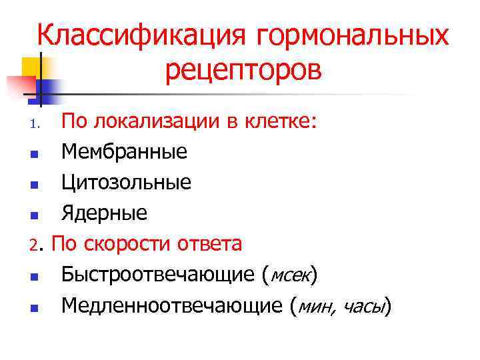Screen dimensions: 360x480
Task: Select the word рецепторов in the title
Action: point(243,71)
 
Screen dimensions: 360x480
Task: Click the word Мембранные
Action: point(124,153)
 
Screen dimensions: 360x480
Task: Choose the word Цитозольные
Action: point(127,183)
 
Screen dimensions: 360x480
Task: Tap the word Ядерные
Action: point(104,213)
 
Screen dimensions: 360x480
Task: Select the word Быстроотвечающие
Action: point(159,275)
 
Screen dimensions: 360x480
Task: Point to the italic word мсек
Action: point(290,275)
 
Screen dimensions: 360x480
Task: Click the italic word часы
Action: point(366,306)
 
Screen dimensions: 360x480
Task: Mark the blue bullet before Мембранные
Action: point(34,155)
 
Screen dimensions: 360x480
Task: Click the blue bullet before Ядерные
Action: point(34,215)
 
